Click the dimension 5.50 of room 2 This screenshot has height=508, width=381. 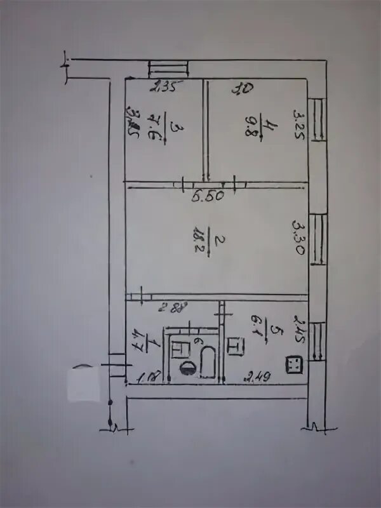(207, 196)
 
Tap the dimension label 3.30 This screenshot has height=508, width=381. (298, 237)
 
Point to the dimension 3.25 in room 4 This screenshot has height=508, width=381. (298, 124)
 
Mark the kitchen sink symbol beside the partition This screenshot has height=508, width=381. (234, 347)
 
